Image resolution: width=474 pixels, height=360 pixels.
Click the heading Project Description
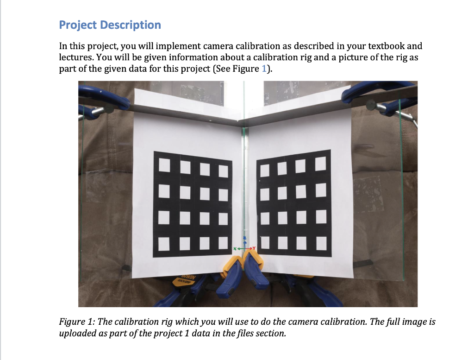(x=110, y=25)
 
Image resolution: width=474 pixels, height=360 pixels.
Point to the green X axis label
(x=235, y=249)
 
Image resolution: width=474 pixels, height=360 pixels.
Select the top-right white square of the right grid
(x=321, y=164)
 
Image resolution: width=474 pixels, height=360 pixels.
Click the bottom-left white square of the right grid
(x=264, y=241)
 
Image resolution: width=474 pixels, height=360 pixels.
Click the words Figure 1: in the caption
(x=75, y=322)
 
